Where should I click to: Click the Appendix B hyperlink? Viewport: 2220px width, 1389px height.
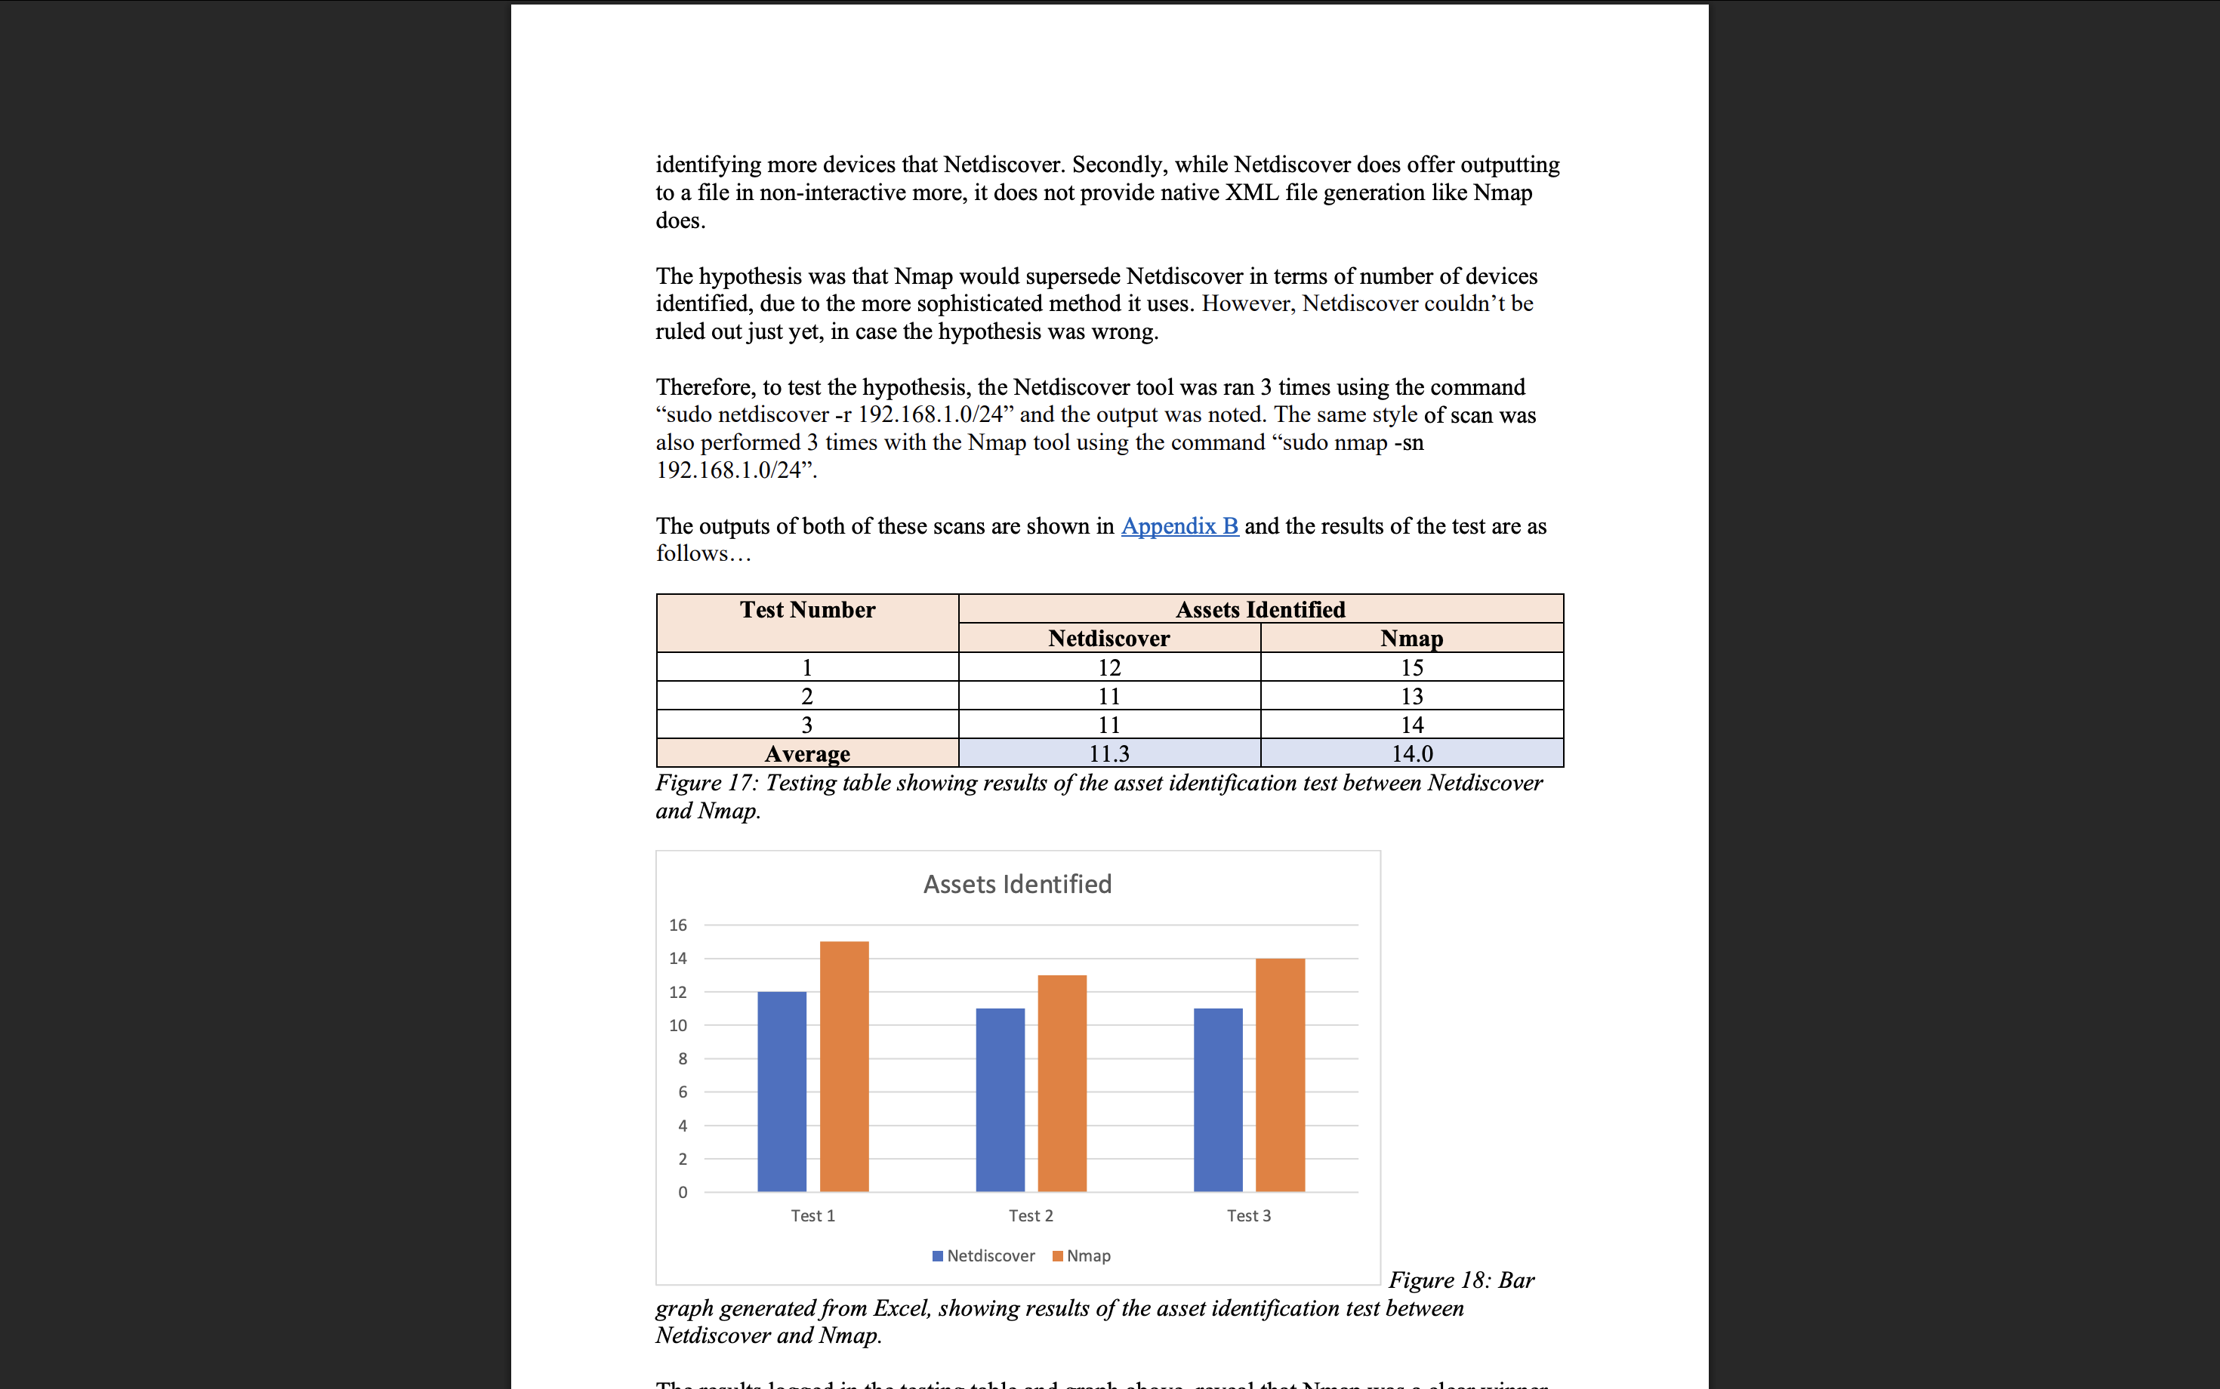[x=1179, y=526]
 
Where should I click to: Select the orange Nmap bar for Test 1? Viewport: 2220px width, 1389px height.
[x=843, y=1066]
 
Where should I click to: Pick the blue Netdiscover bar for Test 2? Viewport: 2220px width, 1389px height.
[x=1000, y=1100]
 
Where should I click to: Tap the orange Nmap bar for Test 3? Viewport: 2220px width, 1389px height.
[x=1280, y=1075]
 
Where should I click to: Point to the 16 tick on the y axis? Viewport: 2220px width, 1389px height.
[x=678, y=925]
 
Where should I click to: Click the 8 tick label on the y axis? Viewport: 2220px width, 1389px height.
[x=682, y=1058]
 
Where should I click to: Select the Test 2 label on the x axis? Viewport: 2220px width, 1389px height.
[x=1030, y=1215]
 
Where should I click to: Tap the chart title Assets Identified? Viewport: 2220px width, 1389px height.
[x=1017, y=884]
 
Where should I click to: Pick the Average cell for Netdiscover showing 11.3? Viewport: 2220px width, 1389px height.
[x=1109, y=753]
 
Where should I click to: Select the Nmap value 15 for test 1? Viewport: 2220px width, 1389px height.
[x=1411, y=668]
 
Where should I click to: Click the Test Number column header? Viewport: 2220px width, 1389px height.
[x=808, y=610]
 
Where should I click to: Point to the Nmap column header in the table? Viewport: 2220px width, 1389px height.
[x=1411, y=639]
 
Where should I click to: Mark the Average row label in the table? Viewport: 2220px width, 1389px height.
[x=808, y=753]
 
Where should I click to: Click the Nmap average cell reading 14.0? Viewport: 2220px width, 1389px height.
[x=1411, y=753]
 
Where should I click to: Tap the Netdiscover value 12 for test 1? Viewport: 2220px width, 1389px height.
[x=1109, y=668]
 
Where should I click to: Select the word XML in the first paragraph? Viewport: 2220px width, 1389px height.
[x=1251, y=192]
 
